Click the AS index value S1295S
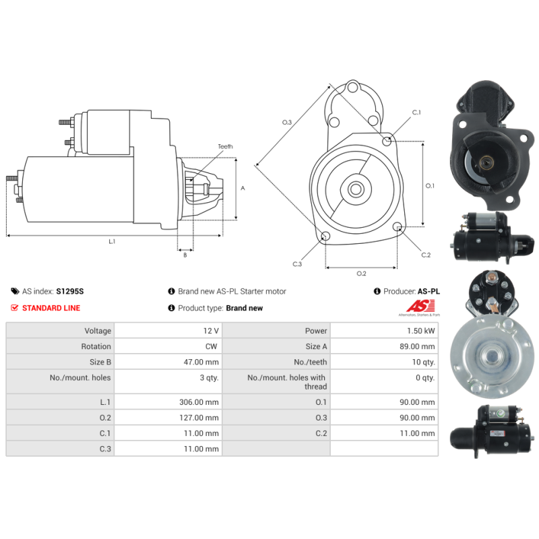pyautogui.click(x=70, y=291)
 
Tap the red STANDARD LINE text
pyautogui.click(x=51, y=308)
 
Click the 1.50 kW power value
pyautogui.click(x=420, y=331)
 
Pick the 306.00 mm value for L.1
pyautogui.click(x=199, y=402)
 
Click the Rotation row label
pyautogui.click(x=96, y=346)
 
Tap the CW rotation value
pyautogui.click(x=211, y=346)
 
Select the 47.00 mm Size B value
pyautogui.click(x=201, y=362)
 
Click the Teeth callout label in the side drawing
pyautogui.click(x=225, y=146)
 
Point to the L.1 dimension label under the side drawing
pyautogui.click(x=112, y=242)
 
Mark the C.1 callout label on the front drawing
pyautogui.click(x=416, y=113)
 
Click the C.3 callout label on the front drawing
pyautogui.click(x=297, y=264)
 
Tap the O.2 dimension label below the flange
pyautogui.click(x=361, y=274)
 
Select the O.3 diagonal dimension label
pyautogui.click(x=287, y=123)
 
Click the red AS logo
pyautogui.click(x=420, y=306)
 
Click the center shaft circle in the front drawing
pyautogui.click(x=356, y=189)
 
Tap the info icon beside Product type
pyautogui.click(x=171, y=308)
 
